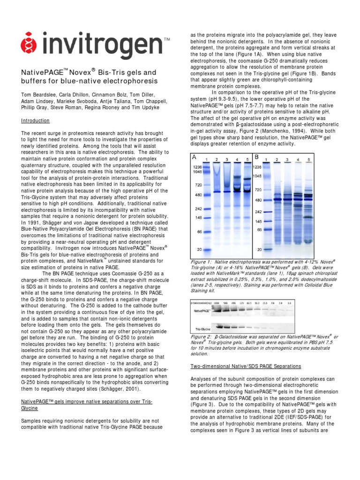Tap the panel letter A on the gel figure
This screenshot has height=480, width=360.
pyautogui.click(x=194, y=157)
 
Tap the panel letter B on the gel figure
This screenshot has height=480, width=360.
pyautogui.click(x=256, y=157)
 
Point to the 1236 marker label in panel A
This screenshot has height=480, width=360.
pyautogui.click(x=196, y=166)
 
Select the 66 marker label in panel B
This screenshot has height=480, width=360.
pyautogui.click(x=259, y=230)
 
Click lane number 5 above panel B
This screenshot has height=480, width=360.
pyautogui.click(x=308, y=160)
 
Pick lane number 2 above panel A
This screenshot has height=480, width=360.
pyautogui.click(x=217, y=160)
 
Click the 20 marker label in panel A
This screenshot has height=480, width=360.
pyautogui.click(x=199, y=250)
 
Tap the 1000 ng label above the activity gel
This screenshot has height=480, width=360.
pyautogui.click(x=217, y=303)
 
